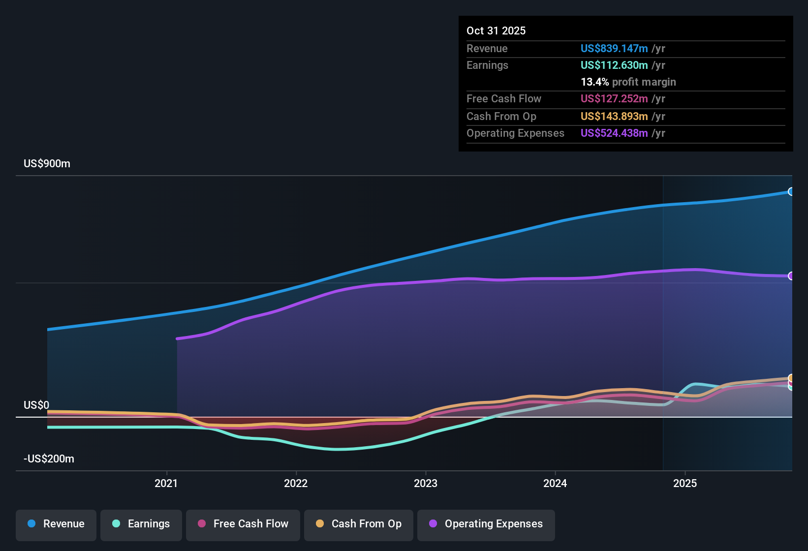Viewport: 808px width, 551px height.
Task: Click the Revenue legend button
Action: pos(56,524)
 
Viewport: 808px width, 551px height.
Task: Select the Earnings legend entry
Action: pos(141,524)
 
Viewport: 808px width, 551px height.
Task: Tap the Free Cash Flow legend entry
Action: pos(243,524)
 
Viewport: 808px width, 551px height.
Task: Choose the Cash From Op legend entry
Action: pos(359,524)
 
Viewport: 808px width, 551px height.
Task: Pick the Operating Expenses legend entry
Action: pos(486,524)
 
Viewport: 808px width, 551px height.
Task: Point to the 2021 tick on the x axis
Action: pos(166,483)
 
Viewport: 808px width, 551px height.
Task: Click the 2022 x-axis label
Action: pos(296,483)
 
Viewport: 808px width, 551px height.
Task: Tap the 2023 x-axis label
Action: pos(426,483)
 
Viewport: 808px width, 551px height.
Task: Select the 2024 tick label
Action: pos(555,483)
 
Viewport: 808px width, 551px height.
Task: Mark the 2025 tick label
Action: pos(685,483)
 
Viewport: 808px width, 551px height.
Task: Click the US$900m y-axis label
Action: pos(47,164)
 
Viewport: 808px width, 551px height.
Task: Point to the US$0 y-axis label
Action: pos(36,405)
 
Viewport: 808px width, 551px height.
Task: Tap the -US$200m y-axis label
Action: pos(49,459)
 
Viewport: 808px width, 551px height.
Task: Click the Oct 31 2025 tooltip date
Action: pos(496,31)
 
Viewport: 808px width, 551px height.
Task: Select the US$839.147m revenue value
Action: pos(614,48)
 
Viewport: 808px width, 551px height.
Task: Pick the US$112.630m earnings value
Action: pos(614,65)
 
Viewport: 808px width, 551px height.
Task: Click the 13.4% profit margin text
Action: pos(628,82)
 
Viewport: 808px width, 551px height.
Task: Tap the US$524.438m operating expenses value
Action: pos(614,133)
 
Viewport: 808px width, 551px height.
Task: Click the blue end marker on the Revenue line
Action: pos(791,191)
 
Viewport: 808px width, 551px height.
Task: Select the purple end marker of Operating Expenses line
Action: pos(791,276)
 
